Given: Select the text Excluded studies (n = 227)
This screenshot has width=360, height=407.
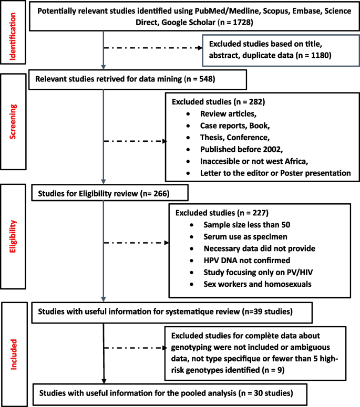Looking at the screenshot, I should click(219, 214).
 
